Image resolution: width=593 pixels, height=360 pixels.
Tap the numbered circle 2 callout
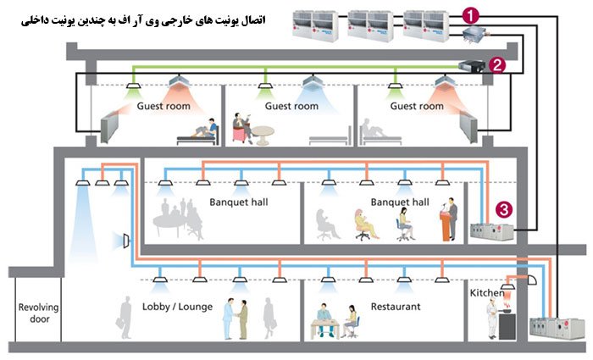[x=499, y=64]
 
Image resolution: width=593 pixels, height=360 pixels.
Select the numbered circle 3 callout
[x=505, y=207]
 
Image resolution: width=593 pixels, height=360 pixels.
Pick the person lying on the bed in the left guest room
[x=202, y=130]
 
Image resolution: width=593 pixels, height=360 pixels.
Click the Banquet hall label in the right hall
[x=399, y=202]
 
